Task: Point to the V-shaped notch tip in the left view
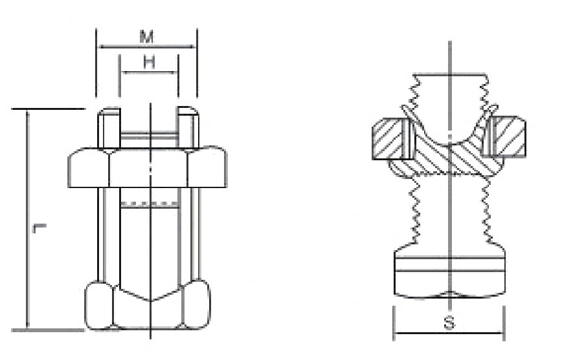tap(150, 300)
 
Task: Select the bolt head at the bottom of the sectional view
tap(449, 275)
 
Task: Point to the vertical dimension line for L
tap(27, 220)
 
